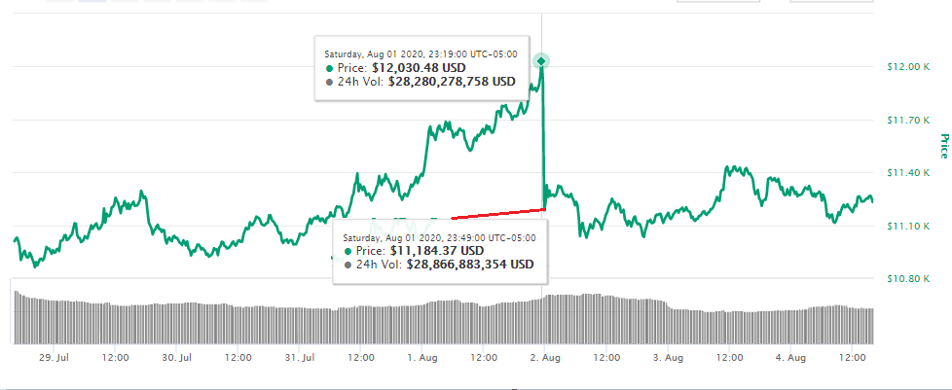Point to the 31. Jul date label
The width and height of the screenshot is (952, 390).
pyautogui.click(x=299, y=358)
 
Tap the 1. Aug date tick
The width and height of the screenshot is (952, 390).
pyautogui.click(x=422, y=358)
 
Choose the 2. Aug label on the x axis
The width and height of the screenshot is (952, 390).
pyautogui.click(x=545, y=358)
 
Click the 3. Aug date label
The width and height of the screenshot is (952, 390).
pyautogui.click(x=669, y=358)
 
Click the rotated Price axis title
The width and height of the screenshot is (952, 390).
pyautogui.click(x=942, y=146)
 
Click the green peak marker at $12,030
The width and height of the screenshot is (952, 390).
pyautogui.click(x=541, y=61)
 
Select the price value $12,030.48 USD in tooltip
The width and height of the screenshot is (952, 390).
pyautogui.click(x=419, y=68)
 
